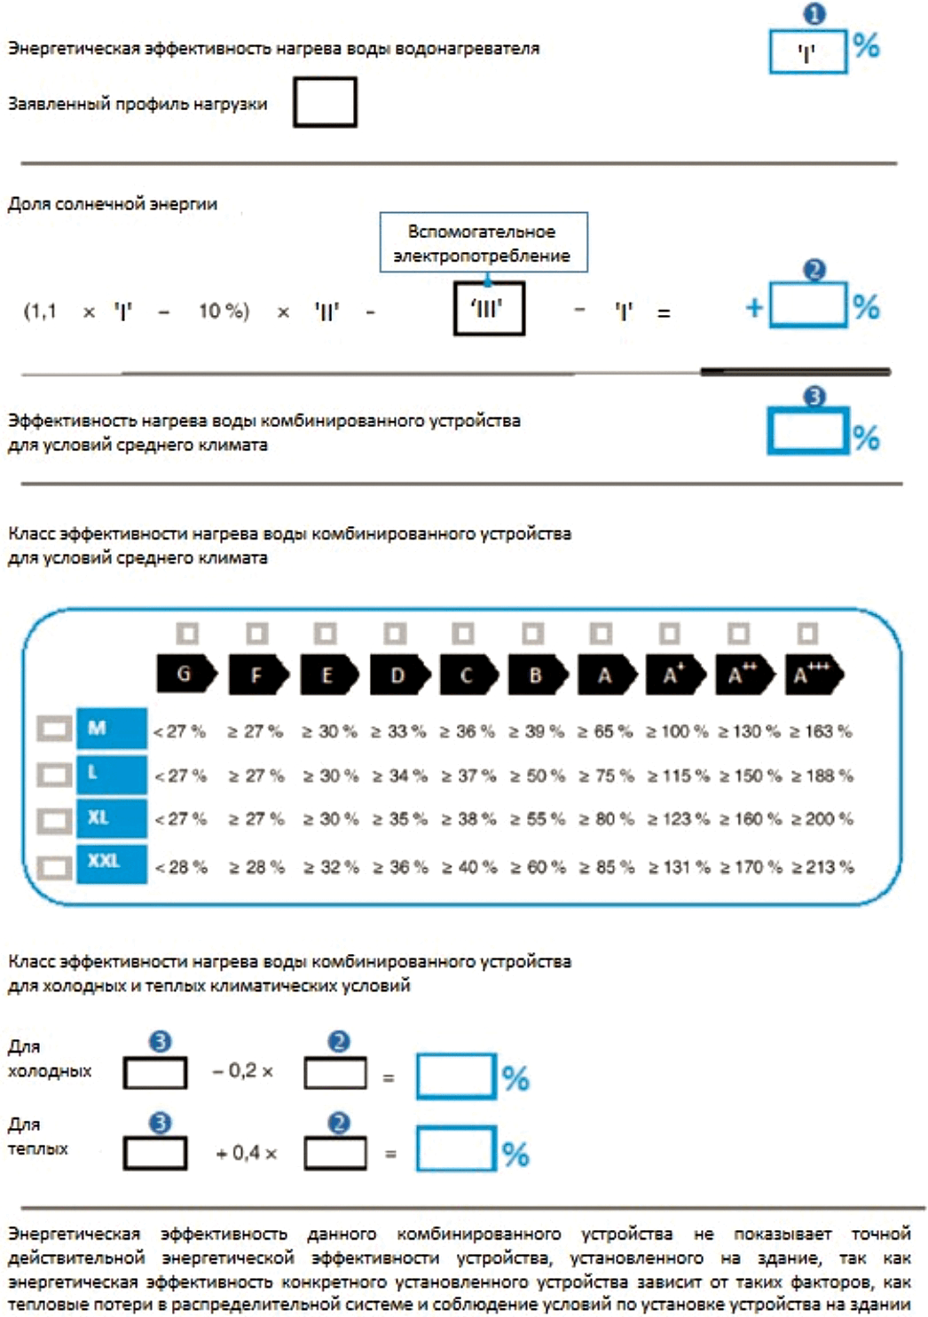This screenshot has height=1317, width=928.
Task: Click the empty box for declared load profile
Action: [x=325, y=102]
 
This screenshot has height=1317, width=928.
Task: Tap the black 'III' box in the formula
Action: [x=489, y=309]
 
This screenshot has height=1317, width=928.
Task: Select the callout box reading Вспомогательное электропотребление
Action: [x=484, y=242]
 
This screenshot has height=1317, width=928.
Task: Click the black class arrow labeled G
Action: [x=187, y=674]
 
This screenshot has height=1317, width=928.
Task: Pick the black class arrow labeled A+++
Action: [x=814, y=674]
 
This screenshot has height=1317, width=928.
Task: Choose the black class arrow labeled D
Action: [x=399, y=674]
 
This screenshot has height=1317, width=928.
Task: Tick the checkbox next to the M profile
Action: [x=54, y=729]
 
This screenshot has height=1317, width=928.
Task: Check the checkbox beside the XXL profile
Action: [x=54, y=867]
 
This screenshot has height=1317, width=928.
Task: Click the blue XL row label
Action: [x=112, y=818]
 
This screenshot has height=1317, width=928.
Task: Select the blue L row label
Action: [x=112, y=774]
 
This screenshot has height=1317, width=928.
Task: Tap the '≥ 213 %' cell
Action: [x=822, y=867]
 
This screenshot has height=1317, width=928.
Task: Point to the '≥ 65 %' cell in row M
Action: [x=605, y=731]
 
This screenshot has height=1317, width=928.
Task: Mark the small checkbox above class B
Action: [x=533, y=634]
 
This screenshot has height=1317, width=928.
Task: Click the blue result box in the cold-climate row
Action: [x=456, y=1076]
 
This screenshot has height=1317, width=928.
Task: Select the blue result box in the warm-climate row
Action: [x=456, y=1148]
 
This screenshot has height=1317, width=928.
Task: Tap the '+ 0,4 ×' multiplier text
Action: [x=247, y=1153]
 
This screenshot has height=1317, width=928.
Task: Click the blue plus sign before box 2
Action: [x=754, y=307]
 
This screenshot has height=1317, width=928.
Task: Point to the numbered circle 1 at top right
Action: [x=814, y=13]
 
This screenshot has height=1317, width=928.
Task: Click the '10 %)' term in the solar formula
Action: [x=224, y=311]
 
